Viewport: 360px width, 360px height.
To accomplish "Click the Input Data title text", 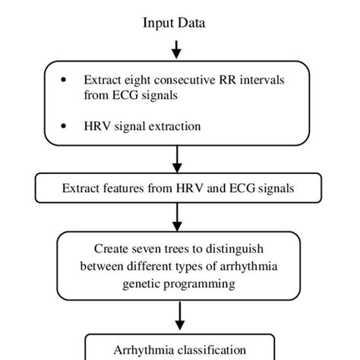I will [174, 24].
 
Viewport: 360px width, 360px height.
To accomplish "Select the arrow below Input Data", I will [176, 49].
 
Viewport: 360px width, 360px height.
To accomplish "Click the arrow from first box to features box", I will [176, 159].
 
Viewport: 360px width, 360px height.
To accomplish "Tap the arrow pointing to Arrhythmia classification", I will [176, 315].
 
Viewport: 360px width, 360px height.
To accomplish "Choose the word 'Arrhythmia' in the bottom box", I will [140, 350].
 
